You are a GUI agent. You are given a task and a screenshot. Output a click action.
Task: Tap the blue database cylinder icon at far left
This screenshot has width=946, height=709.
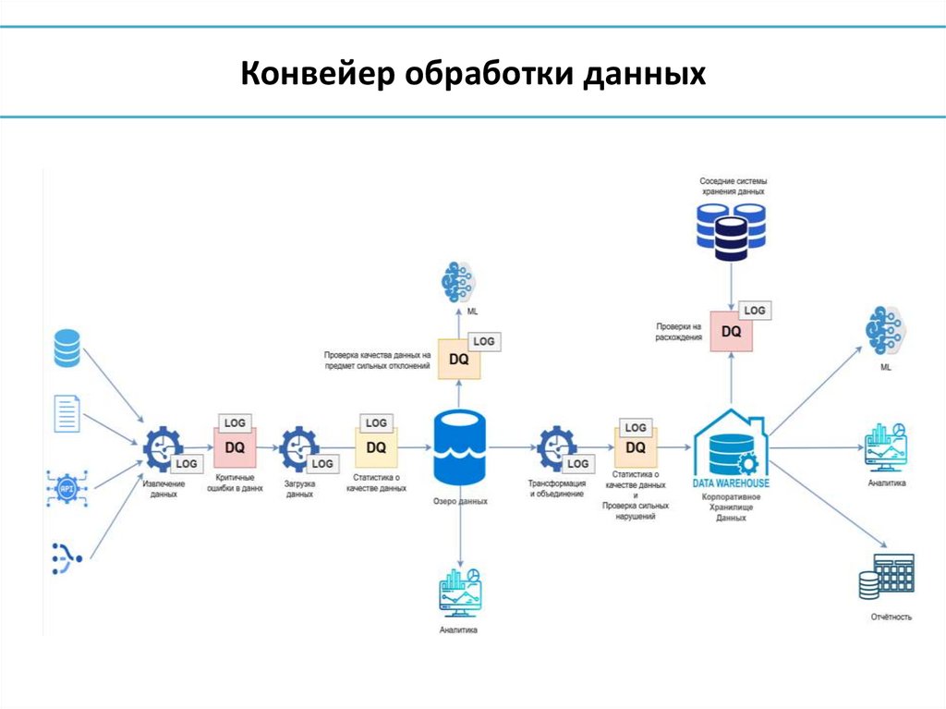(67, 348)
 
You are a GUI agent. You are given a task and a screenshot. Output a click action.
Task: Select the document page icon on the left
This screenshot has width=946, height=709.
(67, 412)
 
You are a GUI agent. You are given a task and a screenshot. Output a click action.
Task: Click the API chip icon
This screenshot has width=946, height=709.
(65, 487)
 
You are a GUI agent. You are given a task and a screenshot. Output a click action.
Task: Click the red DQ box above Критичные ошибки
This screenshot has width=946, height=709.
(235, 447)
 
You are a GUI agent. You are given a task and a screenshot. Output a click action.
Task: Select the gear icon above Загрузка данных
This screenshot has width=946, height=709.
(298, 448)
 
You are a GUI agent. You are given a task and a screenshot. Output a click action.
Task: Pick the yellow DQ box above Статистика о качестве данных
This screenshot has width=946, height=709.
(375, 447)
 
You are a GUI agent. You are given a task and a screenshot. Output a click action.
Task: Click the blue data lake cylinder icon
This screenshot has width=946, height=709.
(459, 446)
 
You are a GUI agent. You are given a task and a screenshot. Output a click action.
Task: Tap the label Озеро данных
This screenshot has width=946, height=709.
(459, 501)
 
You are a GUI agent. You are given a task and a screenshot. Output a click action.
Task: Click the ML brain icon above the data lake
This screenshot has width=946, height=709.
(459, 283)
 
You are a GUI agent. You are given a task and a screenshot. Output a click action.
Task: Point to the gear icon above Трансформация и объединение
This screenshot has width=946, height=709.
(555, 448)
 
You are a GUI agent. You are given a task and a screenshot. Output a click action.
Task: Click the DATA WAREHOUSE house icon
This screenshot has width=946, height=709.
(731, 448)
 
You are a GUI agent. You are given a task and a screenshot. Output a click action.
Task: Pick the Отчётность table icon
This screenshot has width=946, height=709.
(887, 577)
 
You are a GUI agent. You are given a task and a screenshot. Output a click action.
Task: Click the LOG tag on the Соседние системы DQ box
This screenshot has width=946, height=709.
(755, 311)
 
